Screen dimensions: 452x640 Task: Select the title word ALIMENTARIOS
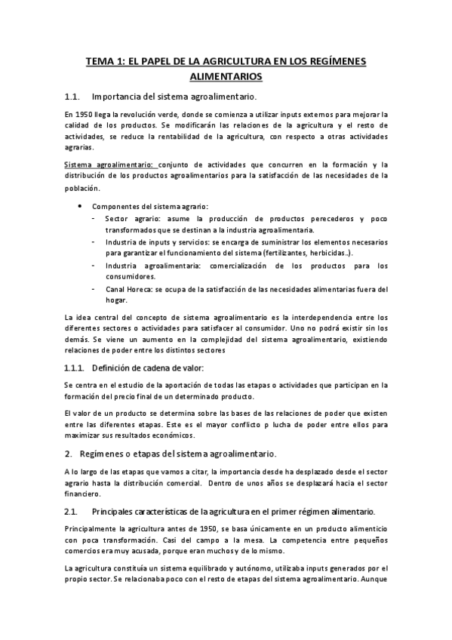(x=226, y=76)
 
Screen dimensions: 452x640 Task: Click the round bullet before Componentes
(x=81, y=205)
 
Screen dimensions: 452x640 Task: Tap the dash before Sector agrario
(x=92, y=218)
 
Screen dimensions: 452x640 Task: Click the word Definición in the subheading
(x=112, y=368)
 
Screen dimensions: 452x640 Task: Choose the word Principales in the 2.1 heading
(x=115, y=512)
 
